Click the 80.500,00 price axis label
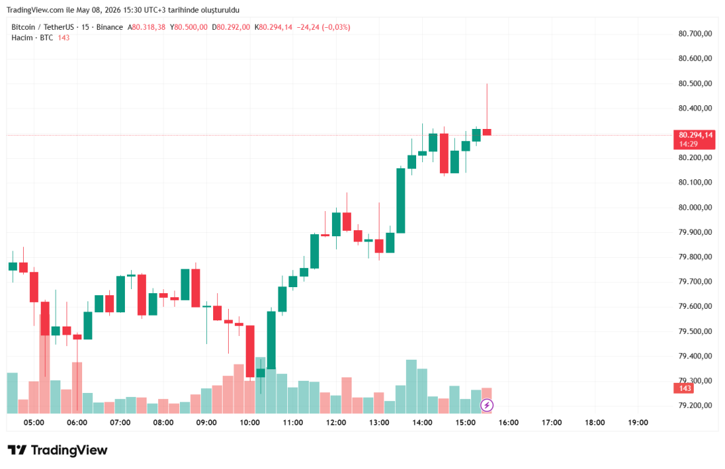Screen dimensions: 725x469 (x=695, y=83)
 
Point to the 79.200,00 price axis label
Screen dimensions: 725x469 (x=695, y=405)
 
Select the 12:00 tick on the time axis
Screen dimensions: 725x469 (x=336, y=422)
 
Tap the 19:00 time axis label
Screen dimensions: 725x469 (x=637, y=422)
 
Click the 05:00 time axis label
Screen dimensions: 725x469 (x=34, y=422)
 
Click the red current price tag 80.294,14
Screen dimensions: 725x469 (x=694, y=140)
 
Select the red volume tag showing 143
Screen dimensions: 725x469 (x=684, y=388)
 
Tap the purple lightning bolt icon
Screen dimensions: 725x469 (x=487, y=406)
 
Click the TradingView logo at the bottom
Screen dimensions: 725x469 (x=58, y=450)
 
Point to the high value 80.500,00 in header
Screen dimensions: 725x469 (x=191, y=27)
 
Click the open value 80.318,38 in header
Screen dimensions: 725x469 (x=149, y=27)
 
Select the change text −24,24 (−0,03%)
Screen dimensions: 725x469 (x=323, y=27)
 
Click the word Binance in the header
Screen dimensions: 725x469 (x=109, y=27)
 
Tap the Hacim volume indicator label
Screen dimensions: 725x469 (x=22, y=38)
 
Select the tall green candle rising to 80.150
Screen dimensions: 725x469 (x=401, y=200)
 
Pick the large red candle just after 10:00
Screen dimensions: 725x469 (x=250, y=351)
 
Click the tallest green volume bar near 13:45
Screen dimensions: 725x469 (x=411, y=386)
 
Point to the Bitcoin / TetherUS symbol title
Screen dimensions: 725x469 (x=43, y=27)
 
